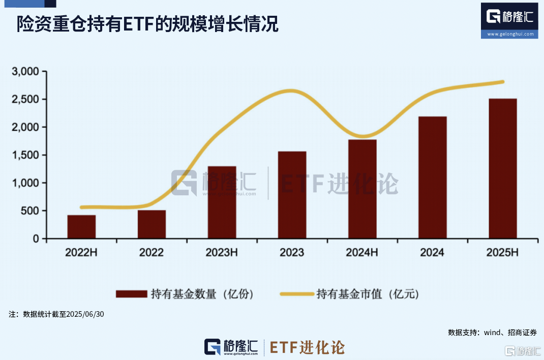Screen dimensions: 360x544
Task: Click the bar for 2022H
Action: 81,227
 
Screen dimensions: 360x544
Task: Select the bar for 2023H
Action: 222,202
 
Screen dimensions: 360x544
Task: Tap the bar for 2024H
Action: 362,189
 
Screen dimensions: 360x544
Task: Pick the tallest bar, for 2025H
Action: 502,169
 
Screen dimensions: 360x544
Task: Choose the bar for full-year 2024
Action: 433,177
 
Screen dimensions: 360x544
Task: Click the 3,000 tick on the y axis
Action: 25,72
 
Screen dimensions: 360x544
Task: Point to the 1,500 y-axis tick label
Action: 25,155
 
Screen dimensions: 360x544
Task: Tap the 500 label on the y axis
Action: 30,211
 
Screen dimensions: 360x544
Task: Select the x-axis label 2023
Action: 292,253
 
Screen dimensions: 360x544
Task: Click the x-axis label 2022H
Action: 81,253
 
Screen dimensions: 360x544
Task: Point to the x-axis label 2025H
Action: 502,253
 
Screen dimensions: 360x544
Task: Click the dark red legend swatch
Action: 131,294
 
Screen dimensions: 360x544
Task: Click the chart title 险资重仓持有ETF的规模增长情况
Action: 147,24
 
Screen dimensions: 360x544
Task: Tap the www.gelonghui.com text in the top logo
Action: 510,34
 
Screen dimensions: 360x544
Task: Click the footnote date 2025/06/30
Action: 84,314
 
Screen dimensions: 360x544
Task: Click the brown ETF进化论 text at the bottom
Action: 307,347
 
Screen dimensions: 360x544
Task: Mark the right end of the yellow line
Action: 502,82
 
